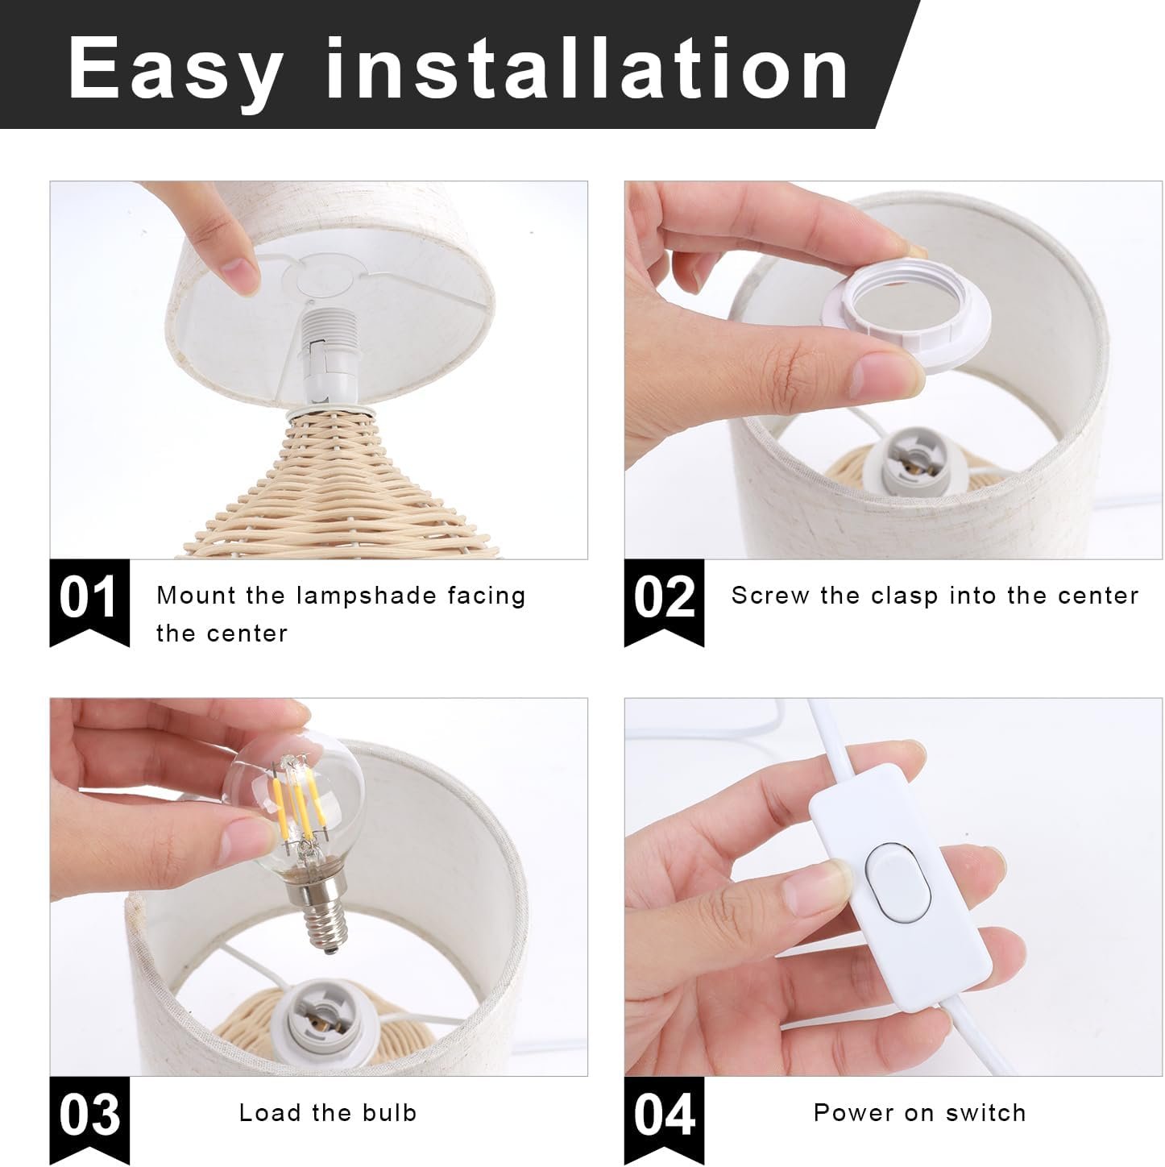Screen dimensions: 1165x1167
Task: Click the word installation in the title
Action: point(587,67)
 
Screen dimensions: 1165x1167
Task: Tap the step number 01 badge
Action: point(89,602)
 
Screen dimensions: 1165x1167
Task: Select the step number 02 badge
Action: point(664,602)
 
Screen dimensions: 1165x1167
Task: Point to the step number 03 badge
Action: point(89,1120)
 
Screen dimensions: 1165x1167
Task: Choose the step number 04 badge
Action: point(664,1120)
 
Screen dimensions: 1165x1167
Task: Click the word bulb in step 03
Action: point(389,1112)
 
